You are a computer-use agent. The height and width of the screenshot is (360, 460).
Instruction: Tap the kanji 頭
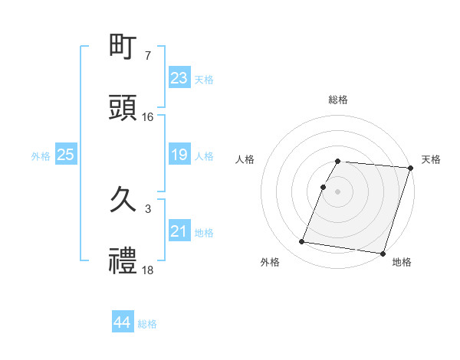pyautogui.click(x=123, y=107)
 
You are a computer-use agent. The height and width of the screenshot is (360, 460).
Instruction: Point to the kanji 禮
pyautogui.click(x=123, y=260)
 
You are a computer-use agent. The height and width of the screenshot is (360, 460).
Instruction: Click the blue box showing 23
pyautogui.click(x=179, y=77)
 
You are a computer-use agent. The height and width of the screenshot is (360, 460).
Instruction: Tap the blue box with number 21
pyautogui.click(x=179, y=231)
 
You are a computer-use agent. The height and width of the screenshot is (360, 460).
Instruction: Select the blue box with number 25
pyautogui.click(x=66, y=155)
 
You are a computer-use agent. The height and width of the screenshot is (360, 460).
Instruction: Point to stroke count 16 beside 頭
pyautogui.click(x=148, y=117)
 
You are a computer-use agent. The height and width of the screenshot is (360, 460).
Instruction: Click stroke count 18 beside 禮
pyautogui.click(x=148, y=270)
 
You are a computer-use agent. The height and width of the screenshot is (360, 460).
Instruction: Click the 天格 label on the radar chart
pyautogui.click(x=431, y=159)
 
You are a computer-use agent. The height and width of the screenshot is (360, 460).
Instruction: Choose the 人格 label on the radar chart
pyautogui.click(x=245, y=159)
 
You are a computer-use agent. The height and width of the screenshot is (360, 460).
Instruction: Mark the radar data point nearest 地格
pyautogui.click(x=382, y=253)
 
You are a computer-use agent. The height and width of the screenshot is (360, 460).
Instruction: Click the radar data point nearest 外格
pyautogui.click(x=302, y=242)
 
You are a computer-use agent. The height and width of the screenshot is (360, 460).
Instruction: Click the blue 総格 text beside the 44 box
pyautogui.click(x=148, y=324)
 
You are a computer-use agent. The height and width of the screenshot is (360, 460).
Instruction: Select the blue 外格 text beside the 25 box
pyautogui.click(x=41, y=155)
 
